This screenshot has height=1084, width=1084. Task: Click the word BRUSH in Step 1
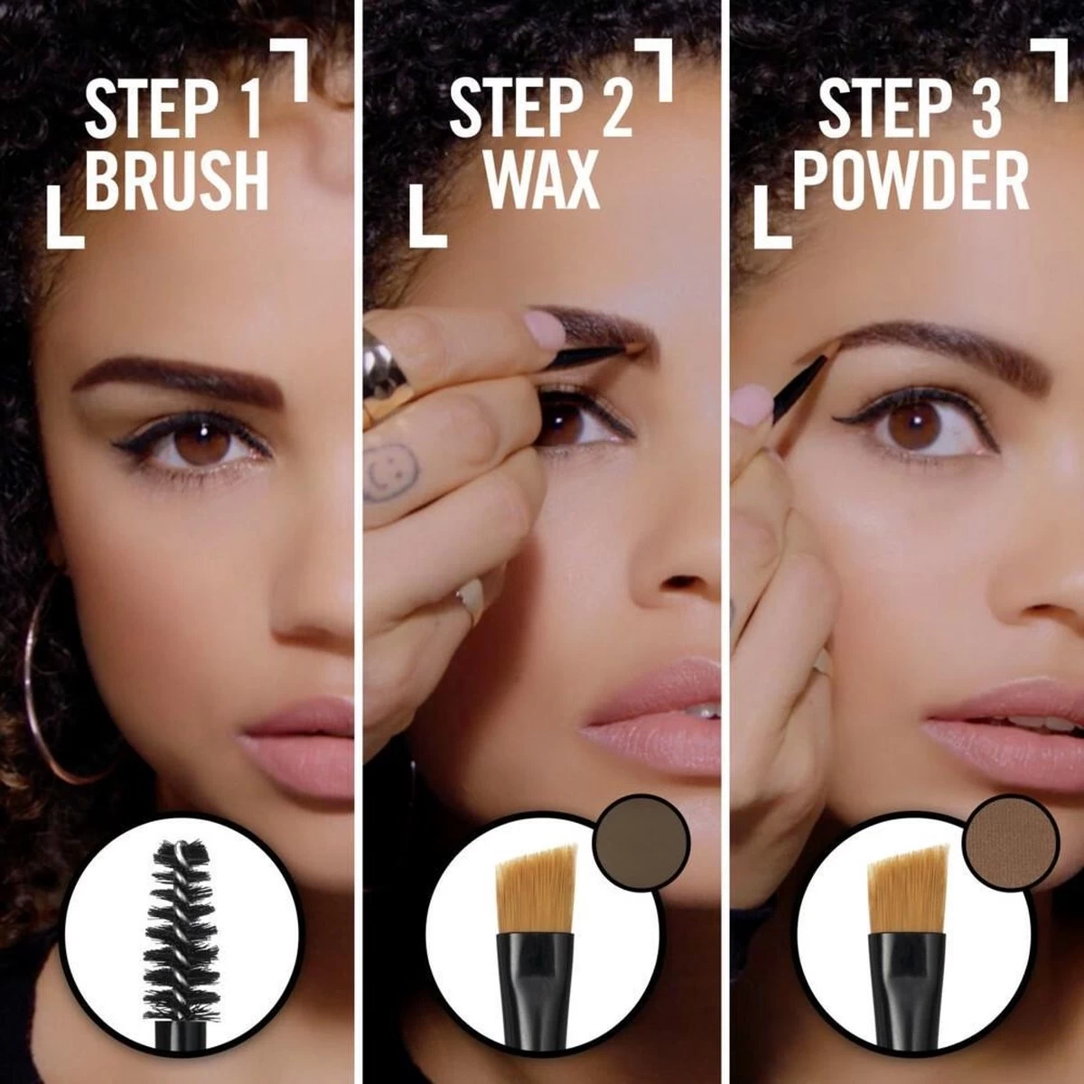pyautogui.click(x=177, y=181)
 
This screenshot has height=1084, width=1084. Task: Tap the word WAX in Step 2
pyautogui.click(x=542, y=181)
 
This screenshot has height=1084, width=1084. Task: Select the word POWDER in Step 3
pyautogui.click(x=911, y=181)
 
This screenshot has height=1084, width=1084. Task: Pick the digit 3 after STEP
pyautogui.click(x=986, y=108)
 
